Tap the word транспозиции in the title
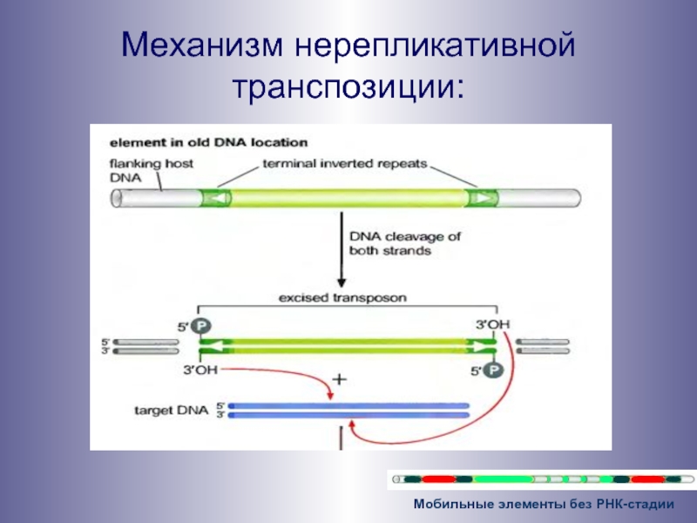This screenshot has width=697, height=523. (348, 85)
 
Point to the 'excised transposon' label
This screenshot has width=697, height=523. (342, 297)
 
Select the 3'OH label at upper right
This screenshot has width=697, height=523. (492, 325)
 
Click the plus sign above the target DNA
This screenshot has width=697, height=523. (341, 382)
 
